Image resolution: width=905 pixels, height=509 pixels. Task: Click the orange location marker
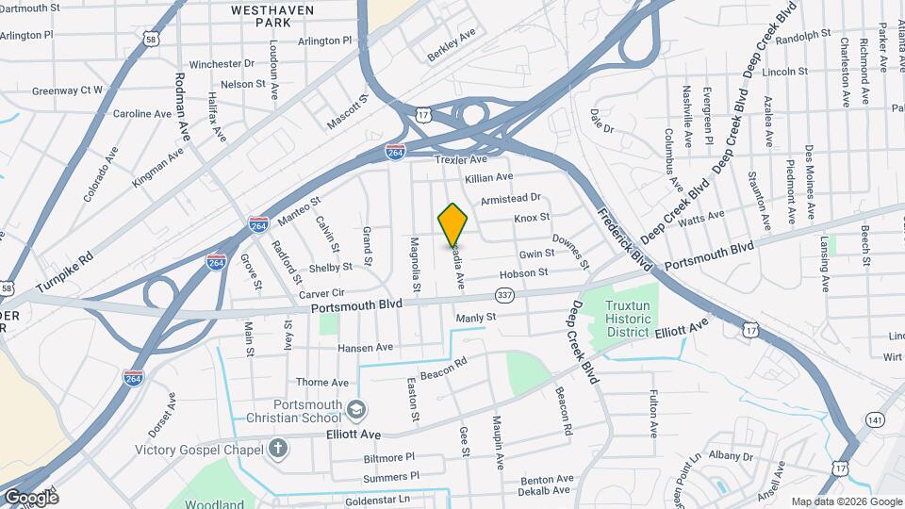452,225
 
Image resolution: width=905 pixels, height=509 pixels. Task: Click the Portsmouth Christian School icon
357,410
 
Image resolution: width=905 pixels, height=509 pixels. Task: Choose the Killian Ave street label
488,177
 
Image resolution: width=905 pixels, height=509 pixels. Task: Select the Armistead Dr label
510,199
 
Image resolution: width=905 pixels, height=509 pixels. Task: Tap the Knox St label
532,218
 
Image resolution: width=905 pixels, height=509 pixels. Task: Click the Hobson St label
523,273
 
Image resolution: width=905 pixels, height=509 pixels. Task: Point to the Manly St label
475,319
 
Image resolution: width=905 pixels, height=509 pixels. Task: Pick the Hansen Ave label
365,348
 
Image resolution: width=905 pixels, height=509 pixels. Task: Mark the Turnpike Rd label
65,272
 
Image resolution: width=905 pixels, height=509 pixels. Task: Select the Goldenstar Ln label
378,499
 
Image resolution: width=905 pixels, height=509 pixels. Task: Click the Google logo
30,497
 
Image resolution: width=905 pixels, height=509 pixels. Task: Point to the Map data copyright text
846,501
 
